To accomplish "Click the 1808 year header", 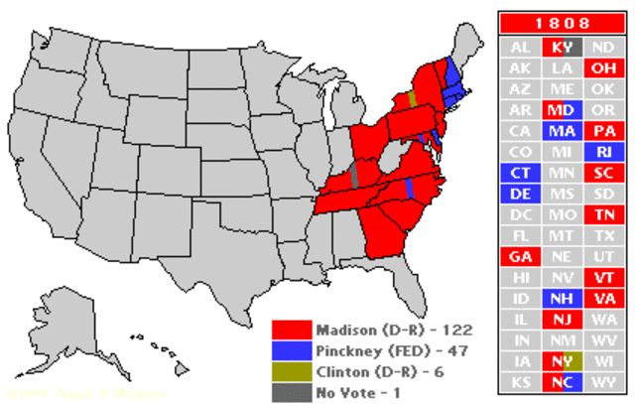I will pyautogui.click(x=561, y=22).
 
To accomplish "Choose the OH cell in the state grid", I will pyautogui.click(x=602, y=67).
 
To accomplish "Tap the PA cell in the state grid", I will pyautogui.click(x=602, y=130).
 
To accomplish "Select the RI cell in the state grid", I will pyautogui.click(x=602, y=151).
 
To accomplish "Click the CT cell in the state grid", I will pyautogui.click(x=519, y=172).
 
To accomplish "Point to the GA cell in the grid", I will pyautogui.click(x=519, y=256).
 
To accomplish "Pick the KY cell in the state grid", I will pyautogui.click(x=561, y=47).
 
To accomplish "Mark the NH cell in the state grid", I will pyautogui.click(x=561, y=298).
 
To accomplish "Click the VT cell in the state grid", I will pyautogui.click(x=602, y=277).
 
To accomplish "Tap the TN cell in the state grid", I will pyautogui.click(x=602, y=213).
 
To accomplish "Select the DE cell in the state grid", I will pyautogui.click(x=519, y=193).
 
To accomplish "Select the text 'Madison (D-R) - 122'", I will pyautogui.click(x=382, y=329).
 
